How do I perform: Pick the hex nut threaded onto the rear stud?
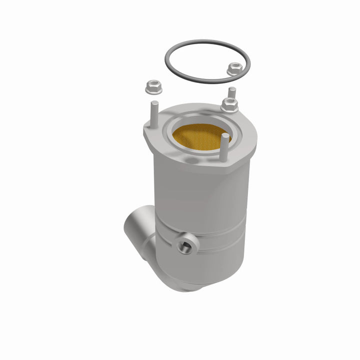click(229, 105)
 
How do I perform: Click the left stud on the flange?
click(153, 114)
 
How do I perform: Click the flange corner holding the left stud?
click(150, 131)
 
